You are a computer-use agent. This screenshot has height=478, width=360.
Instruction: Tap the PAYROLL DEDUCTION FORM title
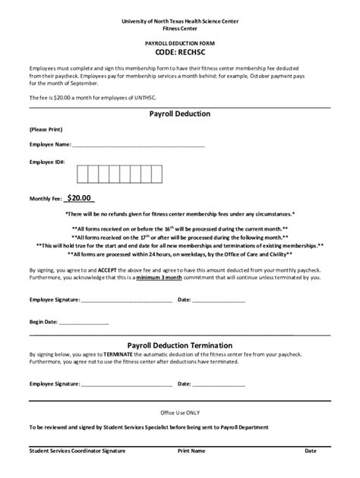[180, 45]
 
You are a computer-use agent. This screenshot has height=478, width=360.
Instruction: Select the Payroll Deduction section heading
[180, 114]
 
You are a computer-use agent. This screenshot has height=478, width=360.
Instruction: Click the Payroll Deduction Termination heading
[180, 344]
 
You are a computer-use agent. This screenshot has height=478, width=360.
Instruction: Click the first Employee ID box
[84, 174]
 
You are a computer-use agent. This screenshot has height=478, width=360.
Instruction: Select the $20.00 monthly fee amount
[78, 198]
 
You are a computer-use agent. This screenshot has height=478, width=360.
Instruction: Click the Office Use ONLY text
[180, 413]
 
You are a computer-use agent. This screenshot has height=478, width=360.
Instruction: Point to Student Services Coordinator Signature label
[77, 451]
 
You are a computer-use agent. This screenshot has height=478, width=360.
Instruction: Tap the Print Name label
[191, 451]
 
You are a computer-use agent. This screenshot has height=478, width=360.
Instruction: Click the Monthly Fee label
[45, 199]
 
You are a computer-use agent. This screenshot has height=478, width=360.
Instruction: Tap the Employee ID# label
[47, 162]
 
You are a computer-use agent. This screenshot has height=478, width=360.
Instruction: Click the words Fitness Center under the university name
[180, 28]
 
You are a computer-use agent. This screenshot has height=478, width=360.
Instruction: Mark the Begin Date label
[44, 322]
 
